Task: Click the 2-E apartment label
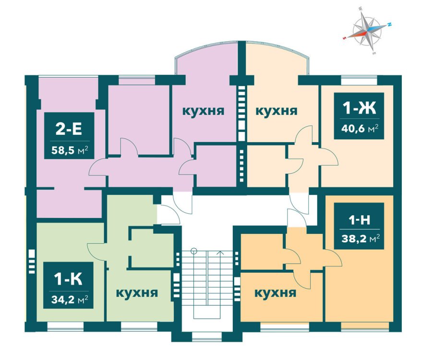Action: click(x=69, y=129)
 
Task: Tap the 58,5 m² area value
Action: click(x=70, y=150)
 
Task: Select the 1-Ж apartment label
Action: click(x=359, y=108)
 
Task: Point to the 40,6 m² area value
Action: click(x=359, y=128)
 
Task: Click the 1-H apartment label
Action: click(x=359, y=220)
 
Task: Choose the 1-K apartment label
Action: click(x=68, y=279)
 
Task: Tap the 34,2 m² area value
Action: click(x=70, y=299)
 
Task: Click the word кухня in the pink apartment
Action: click(x=204, y=111)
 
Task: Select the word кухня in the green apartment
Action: click(x=137, y=293)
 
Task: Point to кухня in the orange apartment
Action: click(x=275, y=293)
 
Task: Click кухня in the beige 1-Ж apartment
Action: click(x=276, y=111)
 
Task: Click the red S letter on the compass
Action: click(x=344, y=38)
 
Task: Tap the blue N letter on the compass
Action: click(x=390, y=24)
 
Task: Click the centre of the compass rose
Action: click(x=367, y=30)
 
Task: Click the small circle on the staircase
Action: click(x=194, y=251)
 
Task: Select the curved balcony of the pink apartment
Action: click(x=206, y=59)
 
